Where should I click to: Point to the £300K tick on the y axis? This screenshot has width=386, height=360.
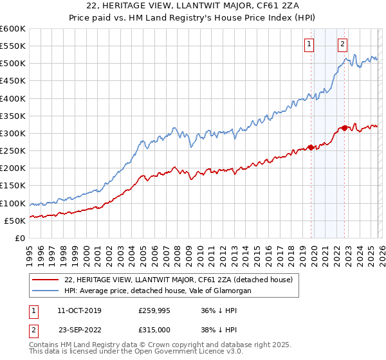click(x=13, y=133)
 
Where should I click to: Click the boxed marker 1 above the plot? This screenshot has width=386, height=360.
click(x=309, y=44)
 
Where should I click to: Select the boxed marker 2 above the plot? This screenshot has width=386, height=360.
click(x=342, y=44)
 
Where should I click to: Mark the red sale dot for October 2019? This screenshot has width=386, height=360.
click(x=311, y=147)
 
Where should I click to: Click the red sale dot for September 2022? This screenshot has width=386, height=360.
click(x=345, y=128)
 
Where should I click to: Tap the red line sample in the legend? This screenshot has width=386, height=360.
click(x=45, y=280)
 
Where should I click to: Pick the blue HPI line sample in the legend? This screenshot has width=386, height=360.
click(x=45, y=291)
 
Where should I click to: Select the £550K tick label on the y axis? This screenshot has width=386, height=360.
click(x=13, y=46)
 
